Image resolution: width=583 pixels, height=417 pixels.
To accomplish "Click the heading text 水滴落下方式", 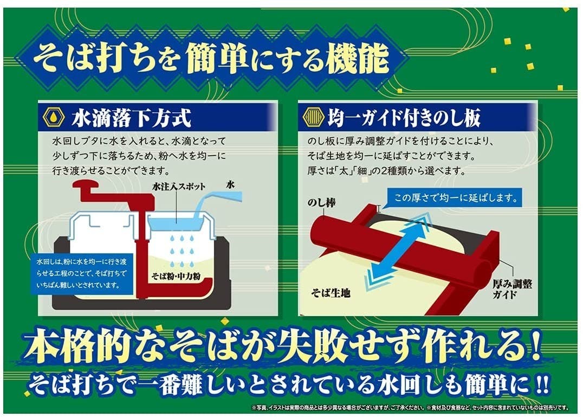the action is click(131, 118).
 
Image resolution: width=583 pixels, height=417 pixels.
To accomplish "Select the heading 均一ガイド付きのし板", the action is click(404, 118).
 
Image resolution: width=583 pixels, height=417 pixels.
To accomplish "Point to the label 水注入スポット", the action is click(179, 187).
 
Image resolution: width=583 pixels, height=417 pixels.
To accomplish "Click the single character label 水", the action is click(230, 184).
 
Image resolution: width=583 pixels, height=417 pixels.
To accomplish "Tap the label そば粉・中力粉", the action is click(176, 276).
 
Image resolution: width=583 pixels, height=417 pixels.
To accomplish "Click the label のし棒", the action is click(322, 203).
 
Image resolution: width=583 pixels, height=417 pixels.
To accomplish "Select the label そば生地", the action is click(331, 293).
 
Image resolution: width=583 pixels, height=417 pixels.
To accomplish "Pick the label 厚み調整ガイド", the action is click(512, 289).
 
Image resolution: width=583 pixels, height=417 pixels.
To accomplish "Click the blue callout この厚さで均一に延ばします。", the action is click(455, 197).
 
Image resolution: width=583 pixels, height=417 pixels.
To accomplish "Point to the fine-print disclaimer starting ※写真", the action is click(411, 408).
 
